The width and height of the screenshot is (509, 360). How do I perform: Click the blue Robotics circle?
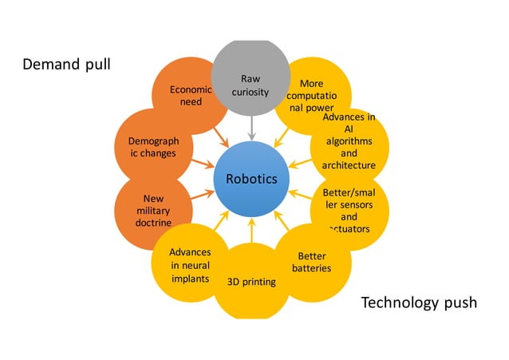(251, 178)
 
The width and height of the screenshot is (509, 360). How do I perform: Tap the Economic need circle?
(190, 95)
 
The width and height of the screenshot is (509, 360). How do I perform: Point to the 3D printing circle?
(251, 282)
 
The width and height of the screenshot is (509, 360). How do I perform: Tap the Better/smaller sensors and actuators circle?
(349, 210)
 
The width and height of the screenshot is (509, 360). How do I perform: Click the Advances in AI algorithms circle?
(349, 141)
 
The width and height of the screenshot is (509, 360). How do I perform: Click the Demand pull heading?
(66, 64)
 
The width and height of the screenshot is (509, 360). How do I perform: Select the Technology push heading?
(419, 303)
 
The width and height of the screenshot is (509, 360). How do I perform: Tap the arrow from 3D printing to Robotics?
(251, 231)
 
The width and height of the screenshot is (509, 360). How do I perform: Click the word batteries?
(311, 268)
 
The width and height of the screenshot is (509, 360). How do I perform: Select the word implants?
(191, 279)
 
